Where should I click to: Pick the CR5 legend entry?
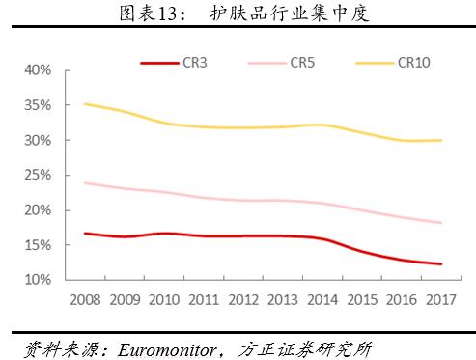point(303,63)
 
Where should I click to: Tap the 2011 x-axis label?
point(204,300)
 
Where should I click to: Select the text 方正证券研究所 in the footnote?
point(312,347)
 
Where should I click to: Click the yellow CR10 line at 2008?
point(85,103)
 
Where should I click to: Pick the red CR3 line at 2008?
point(85,234)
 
